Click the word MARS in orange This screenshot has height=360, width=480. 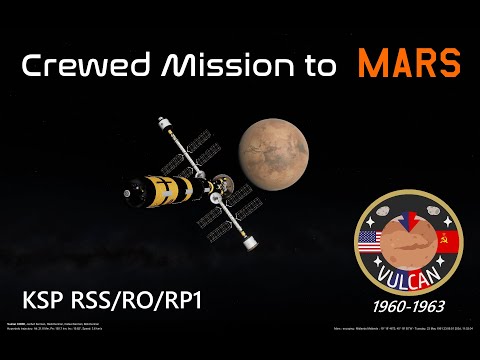click(411, 64)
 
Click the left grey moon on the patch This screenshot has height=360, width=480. click(384, 213)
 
